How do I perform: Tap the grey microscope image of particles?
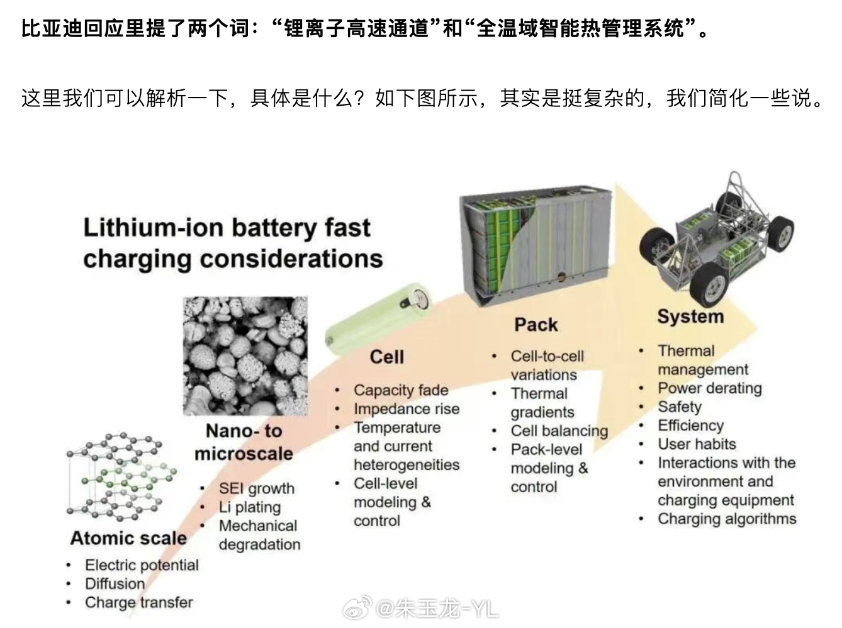tap(245, 356)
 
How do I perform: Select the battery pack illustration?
tap(536, 243)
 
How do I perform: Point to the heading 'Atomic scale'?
tap(128, 538)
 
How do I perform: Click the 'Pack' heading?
tap(536, 325)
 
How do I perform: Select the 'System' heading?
tap(690, 316)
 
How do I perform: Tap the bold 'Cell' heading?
tap(386, 357)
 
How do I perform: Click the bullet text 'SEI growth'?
tap(256, 488)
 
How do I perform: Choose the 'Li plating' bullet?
tap(249, 507)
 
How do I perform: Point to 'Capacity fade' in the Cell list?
tap(401, 390)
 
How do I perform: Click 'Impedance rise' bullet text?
tap(406, 409)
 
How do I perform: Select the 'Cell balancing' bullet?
tap(559, 431)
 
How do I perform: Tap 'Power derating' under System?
tap(709, 388)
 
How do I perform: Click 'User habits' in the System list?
tap(697, 444)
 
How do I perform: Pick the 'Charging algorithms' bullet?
tap(727, 519)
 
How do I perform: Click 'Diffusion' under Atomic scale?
tap(115, 584)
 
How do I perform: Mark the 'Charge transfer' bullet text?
tap(138, 603)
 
